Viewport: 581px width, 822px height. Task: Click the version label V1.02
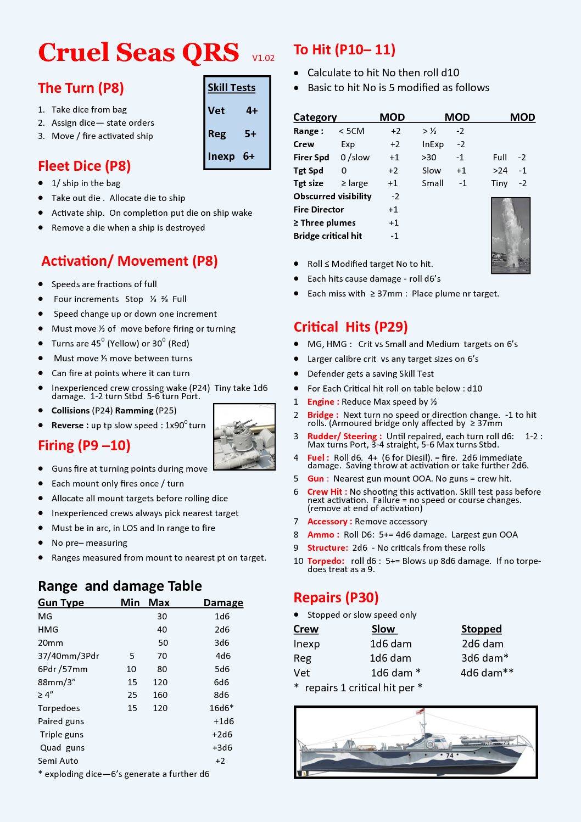click(263, 58)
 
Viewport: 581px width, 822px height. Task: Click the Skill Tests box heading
click(231, 88)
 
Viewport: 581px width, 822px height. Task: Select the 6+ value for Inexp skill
click(249, 156)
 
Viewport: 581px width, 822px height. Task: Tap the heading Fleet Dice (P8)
click(84, 166)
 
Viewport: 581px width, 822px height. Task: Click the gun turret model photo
click(244, 437)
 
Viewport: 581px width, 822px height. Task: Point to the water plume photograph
click(510, 236)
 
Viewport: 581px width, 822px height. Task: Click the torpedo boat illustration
click(415, 742)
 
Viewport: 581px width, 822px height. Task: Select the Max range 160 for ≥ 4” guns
click(160, 695)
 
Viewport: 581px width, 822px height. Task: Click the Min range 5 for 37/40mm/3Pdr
click(132, 656)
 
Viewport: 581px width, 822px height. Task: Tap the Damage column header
click(223, 602)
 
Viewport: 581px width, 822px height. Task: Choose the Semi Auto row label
click(58, 761)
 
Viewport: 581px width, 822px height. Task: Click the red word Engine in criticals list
click(323, 402)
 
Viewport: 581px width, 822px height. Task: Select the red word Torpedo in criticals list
click(326, 561)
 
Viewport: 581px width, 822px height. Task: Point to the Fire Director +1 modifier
click(393, 210)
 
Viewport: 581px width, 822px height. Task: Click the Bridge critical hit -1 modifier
click(394, 236)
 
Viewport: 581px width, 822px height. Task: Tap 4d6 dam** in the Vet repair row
click(487, 673)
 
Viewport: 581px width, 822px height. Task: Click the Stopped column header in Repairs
click(481, 629)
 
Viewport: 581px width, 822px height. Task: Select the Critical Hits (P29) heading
click(350, 327)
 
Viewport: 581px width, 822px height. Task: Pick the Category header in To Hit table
click(315, 117)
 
